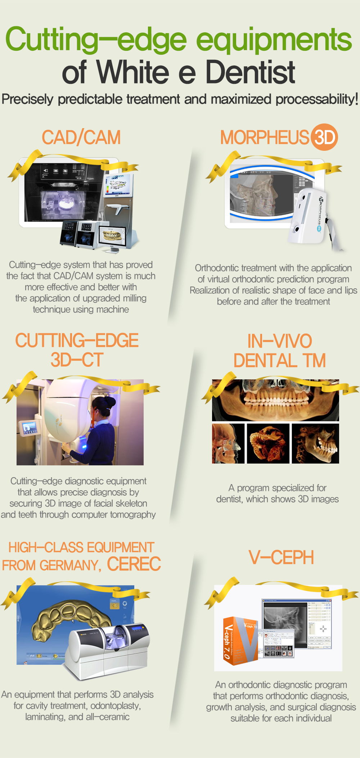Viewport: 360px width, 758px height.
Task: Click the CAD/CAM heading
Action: pyautogui.click(x=81, y=137)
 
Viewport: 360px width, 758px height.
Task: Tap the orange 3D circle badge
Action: pyautogui.click(x=324, y=137)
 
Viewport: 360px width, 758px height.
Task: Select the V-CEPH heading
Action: pyautogui.click(x=281, y=558)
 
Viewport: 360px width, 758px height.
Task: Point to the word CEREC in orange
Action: pyautogui.click(x=134, y=564)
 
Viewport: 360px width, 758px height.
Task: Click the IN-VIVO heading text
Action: pyautogui.click(x=280, y=341)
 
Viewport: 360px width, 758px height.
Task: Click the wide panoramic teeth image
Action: pyautogui.click(x=275, y=400)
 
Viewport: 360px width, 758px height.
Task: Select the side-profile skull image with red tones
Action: pyautogui.click(x=228, y=443)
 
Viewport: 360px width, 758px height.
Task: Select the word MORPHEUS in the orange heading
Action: pyautogui.click(x=265, y=137)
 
